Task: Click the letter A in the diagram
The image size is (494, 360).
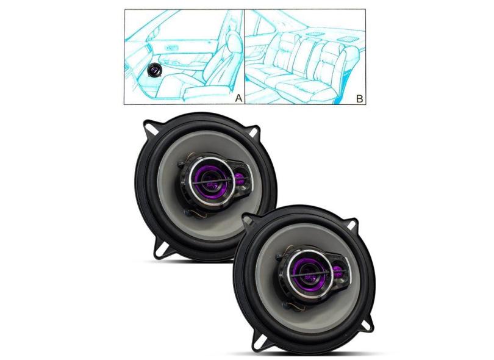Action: coord(239,98)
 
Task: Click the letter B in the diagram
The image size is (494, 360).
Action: coord(359,99)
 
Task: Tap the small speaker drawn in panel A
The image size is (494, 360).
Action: coord(155,70)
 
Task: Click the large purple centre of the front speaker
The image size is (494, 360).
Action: coord(306,272)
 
